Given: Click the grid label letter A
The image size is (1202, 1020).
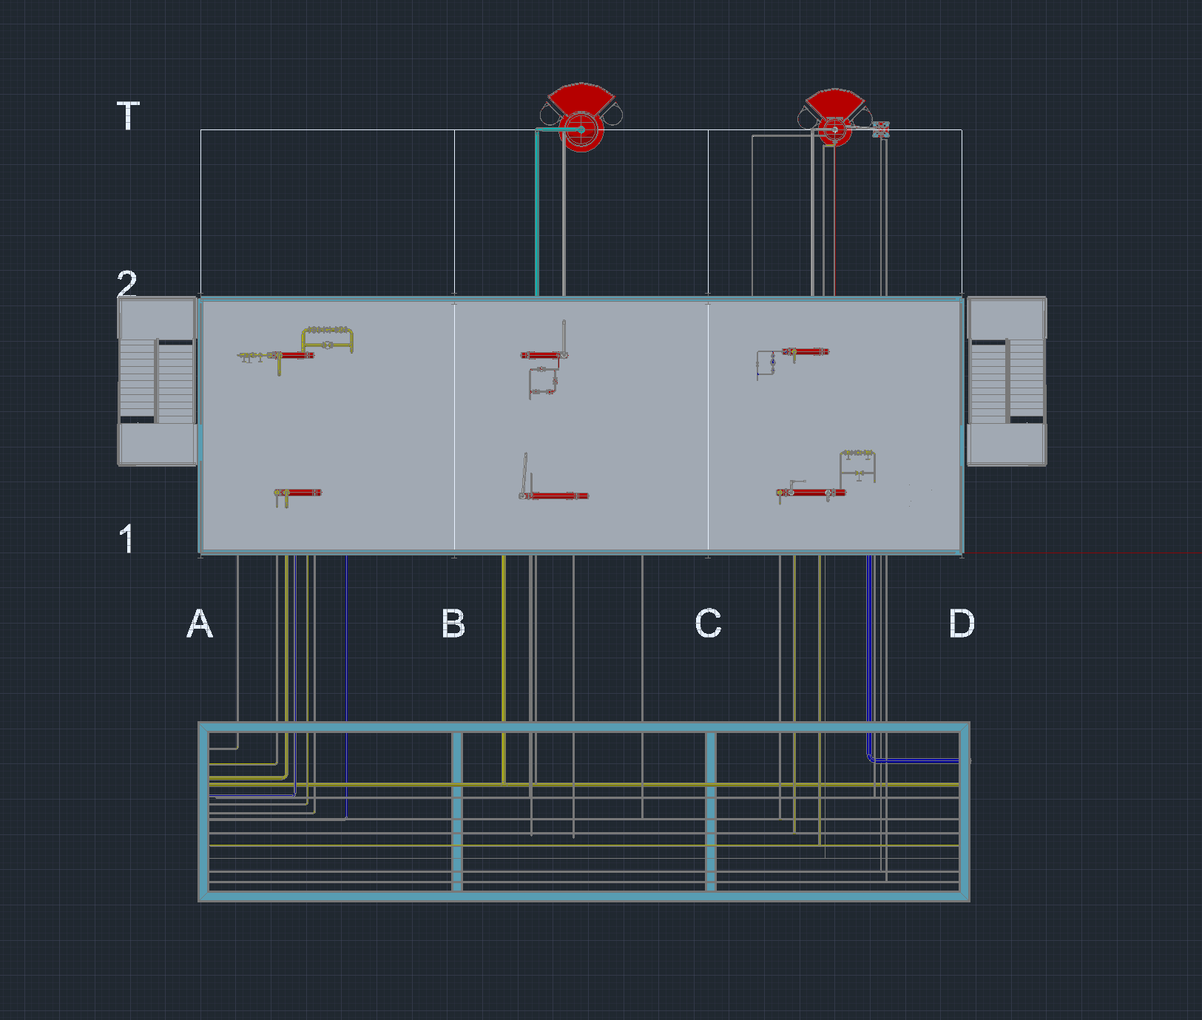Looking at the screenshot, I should coord(200,624).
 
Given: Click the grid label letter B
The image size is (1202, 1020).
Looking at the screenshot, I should coord(453,624).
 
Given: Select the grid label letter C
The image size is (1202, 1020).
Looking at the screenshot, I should coord(708,624).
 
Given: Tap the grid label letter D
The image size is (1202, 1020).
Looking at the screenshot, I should coord(962,624).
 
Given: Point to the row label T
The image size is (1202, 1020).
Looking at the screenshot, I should coord(128,116).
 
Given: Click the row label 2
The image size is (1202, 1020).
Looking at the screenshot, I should coord(127,283).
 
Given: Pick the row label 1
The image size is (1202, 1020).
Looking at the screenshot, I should coord(127,538).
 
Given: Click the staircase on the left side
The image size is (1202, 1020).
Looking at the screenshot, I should coord(157,381).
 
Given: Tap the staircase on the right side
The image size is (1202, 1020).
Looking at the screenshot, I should coord(1007,381).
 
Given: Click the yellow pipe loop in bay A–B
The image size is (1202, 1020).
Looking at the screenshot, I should coord(328,337).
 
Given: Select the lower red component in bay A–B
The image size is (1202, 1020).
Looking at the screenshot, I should coord(300,493).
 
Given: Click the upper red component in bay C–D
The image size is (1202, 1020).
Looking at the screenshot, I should coord(808,351).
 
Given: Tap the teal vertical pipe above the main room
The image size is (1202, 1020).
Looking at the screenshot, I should coord(536,215).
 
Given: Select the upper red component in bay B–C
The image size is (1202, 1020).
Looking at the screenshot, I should coord(541,356).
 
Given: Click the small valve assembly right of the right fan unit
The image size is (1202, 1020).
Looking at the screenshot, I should coord(880,130).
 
